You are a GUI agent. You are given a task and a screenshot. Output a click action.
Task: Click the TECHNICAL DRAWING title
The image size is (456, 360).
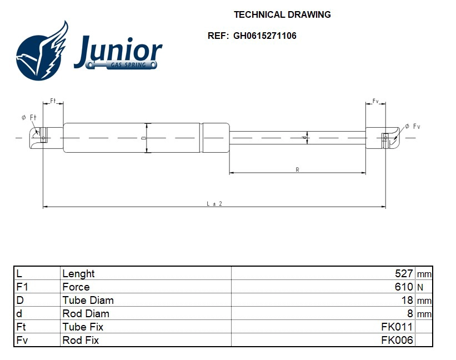click(x=282, y=15)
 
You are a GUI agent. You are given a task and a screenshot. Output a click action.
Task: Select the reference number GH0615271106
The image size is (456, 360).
click(x=264, y=36)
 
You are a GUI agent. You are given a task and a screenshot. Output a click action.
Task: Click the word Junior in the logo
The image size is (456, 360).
click(x=118, y=51)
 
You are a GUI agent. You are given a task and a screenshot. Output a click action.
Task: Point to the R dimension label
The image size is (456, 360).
click(x=298, y=169)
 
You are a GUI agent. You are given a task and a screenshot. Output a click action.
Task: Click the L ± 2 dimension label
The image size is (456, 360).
click(x=214, y=204)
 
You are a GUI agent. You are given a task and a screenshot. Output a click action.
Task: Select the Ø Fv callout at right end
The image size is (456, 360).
click(x=412, y=127)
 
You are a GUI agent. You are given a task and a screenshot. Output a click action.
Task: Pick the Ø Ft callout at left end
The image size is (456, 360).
click(x=29, y=117)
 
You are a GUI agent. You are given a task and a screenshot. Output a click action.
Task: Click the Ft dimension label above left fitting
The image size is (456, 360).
click(x=53, y=101)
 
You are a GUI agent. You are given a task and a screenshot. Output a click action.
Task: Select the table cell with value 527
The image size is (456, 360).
click(x=403, y=273)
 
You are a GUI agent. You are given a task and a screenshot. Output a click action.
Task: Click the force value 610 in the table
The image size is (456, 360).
click(x=403, y=287)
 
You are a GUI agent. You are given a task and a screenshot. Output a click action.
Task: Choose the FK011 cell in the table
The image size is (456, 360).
click(x=397, y=327)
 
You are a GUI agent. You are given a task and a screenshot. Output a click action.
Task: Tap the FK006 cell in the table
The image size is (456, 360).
click(x=397, y=340)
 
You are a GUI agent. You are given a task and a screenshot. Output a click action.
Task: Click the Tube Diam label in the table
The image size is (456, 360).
click(x=88, y=300)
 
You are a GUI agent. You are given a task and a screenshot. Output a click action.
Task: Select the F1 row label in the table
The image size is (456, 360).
click(x=22, y=287)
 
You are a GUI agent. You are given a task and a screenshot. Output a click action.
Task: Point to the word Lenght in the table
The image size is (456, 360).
click(x=78, y=273)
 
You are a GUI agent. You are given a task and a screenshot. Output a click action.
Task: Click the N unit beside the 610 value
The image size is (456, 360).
click(x=420, y=287)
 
